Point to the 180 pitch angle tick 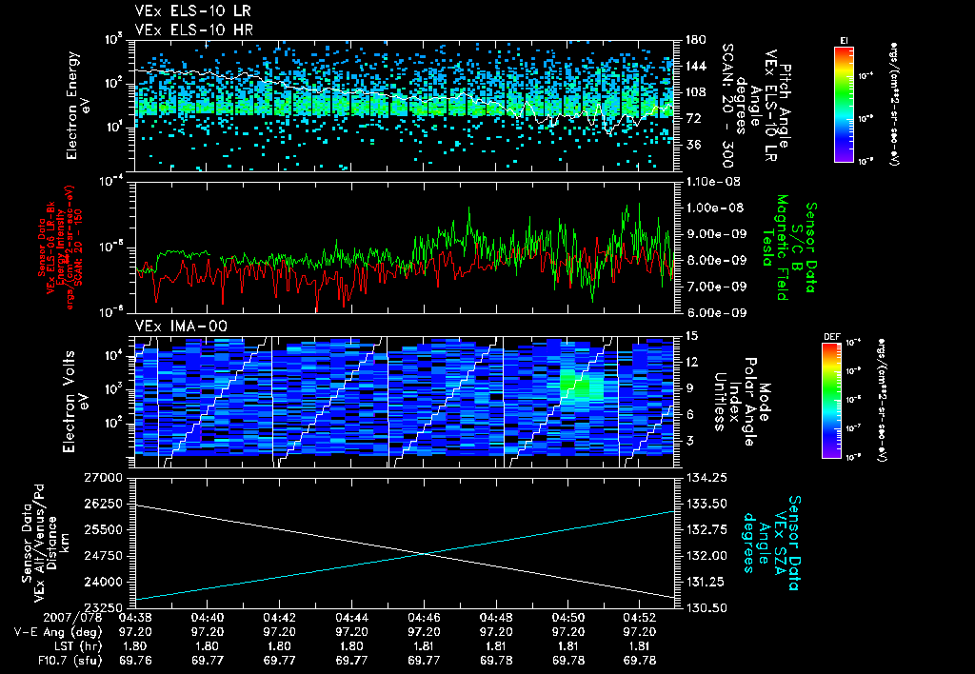coord(693,40)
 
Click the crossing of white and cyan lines coord(420,554)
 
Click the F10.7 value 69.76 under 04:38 coord(134,659)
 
